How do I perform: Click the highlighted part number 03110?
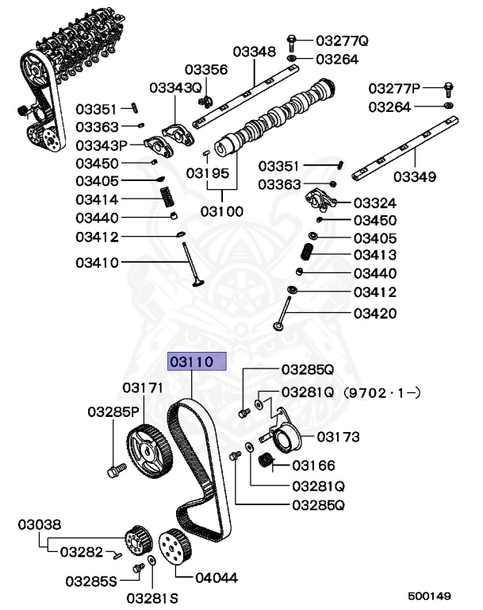click(197, 362)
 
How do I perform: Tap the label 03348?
click(254, 52)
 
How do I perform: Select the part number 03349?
click(414, 176)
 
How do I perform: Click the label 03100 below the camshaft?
click(221, 212)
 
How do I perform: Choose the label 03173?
click(339, 437)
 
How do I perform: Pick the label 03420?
click(375, 313)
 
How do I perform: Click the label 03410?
click(98, 262)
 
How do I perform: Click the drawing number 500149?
click(429, 595)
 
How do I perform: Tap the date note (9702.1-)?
click(381, 392)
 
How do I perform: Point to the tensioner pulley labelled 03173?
click(282, 439)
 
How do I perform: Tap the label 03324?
click(375, 203)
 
